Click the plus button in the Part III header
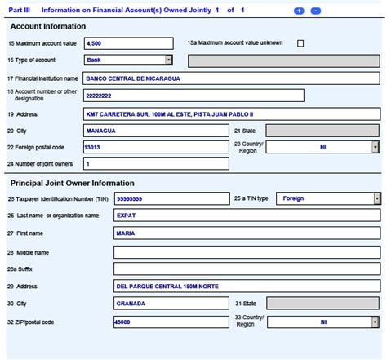(x=299, y=10)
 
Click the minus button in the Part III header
(x=316, y=10)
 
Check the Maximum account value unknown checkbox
(x=301, y=43)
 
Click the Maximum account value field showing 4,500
(x=128, y=43)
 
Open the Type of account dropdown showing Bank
(x=168, y=60)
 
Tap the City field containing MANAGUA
(x=156, y=131)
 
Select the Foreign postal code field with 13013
(x=156, y=147)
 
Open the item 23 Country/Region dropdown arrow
(x=376, y=147)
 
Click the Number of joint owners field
(x=156, y=164)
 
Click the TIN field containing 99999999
(x=171, y=198)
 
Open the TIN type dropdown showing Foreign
(x=376, y=198)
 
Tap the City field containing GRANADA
(x=171, y=303)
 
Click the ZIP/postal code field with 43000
(x=171, y=322)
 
